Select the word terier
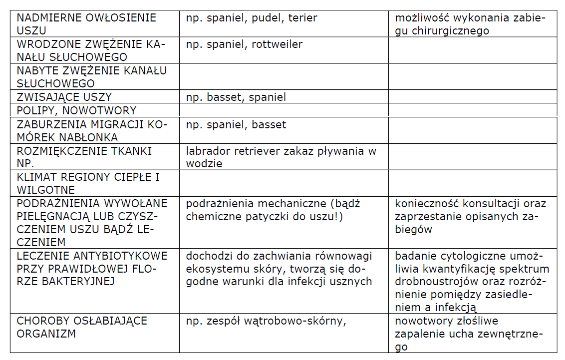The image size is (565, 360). point(303,18)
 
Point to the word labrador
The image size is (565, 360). point(207,151)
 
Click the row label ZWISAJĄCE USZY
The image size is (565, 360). point(64,97)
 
